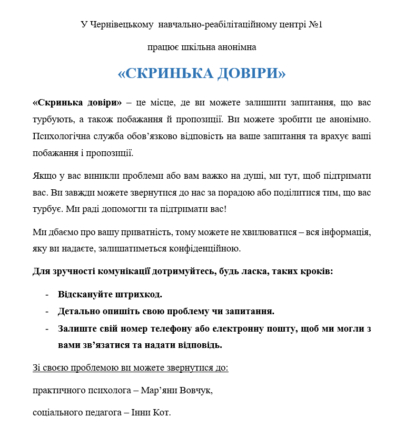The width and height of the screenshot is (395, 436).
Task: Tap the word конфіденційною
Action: coord(206,248)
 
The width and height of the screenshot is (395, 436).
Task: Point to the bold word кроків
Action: coord(316,272)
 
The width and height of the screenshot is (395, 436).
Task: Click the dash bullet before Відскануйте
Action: coord(47,294)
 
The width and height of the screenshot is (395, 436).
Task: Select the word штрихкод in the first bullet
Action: coord(142,294)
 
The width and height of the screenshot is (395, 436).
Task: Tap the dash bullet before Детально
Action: coord(47,312)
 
